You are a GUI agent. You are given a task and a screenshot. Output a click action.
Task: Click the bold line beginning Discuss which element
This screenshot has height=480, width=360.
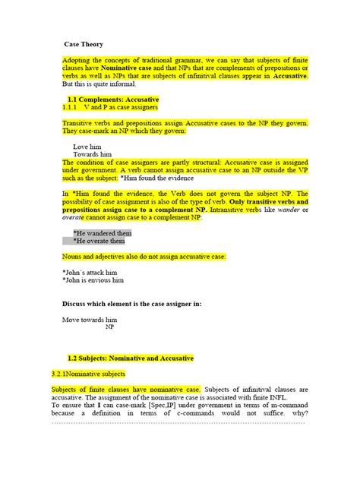point(131,304)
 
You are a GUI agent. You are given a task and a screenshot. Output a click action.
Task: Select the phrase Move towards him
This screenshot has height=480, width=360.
point(90,320)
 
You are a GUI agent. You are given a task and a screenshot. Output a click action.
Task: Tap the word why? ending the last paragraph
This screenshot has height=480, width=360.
point(298,414)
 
